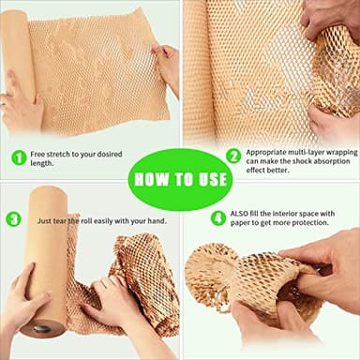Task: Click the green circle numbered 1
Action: coord(19,157)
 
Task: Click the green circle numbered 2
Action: coord(233,156)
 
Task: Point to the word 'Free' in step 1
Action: coord(39,152)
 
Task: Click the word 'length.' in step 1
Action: coord(43,163)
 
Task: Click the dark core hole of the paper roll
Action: coord(42,328)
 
